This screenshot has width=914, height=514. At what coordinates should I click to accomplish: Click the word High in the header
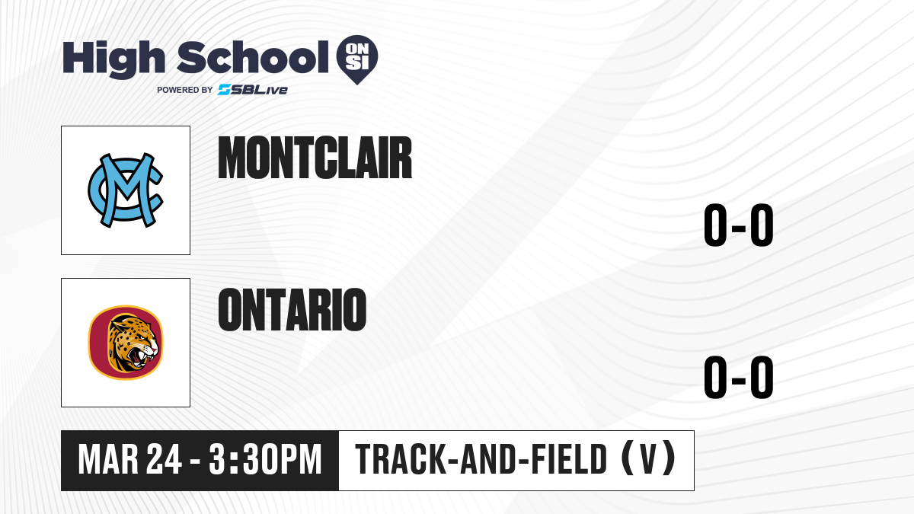113,59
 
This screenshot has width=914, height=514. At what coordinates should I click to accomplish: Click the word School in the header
253,57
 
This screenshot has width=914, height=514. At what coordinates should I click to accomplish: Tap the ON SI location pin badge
357,59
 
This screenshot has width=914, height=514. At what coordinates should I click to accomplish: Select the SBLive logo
253,90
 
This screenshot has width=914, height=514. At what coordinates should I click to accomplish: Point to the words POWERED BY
184,90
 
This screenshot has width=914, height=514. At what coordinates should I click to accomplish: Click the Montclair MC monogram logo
126,190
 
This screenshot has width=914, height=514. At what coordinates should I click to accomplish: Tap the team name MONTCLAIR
315,158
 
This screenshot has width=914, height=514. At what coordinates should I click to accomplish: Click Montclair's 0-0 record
739,225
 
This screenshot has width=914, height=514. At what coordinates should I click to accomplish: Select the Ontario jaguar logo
126,343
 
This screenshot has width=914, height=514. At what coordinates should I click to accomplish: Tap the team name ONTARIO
292,309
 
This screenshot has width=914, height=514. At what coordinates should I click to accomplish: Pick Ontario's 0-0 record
739,377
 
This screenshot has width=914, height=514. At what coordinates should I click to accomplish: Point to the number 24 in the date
164,460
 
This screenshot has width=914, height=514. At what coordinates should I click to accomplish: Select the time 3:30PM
266,460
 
